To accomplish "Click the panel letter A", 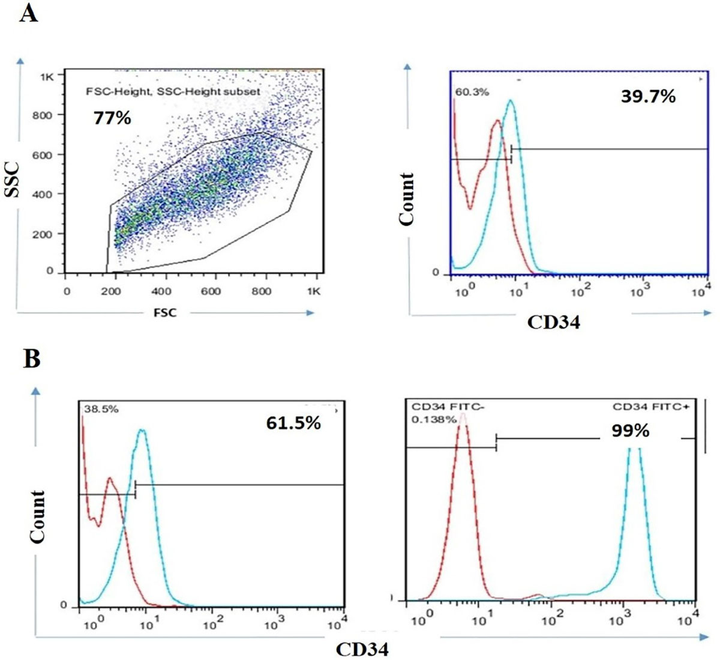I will click(x=29, y=13).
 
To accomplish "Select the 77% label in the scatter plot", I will click(x=112, y=118).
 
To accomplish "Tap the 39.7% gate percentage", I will click(x=648, y=96).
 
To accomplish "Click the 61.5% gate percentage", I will click(x=293, y=423).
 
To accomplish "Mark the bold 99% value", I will click(x=630, y=431).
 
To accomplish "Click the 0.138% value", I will click(x=434, y=419).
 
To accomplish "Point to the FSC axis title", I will click(x=165, y=312).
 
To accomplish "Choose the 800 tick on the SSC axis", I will click(x=42, y=115).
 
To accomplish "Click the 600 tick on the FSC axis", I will click(x=211, y=291).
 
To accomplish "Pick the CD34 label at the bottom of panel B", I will click(x=362, y=649).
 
